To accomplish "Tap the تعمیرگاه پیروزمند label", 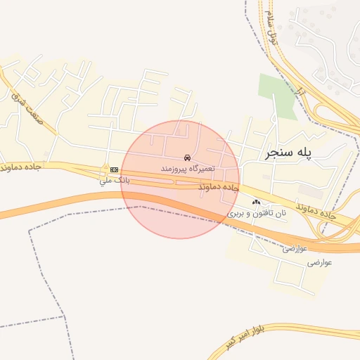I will tap(186, 170).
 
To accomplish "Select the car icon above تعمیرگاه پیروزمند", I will tap(186, 157).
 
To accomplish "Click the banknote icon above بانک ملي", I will tap(114, 169).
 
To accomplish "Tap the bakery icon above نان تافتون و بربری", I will tap(255, 202).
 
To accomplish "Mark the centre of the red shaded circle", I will tap(180, 179).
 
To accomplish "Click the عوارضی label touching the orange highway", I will tap(296, 249).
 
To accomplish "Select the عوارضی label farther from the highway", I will tap(320, 263).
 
